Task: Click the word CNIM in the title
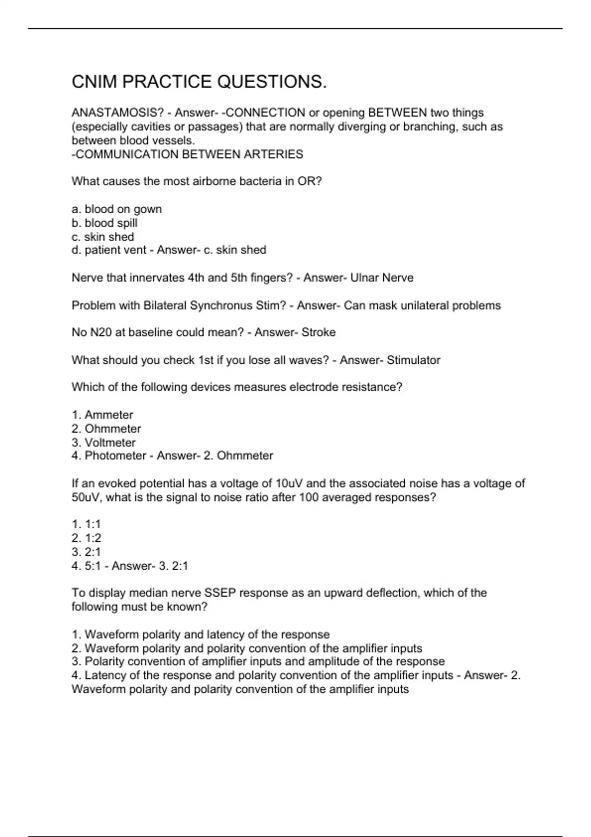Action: pos(94,82)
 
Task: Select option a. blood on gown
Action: pos(117,209)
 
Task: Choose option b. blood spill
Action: pos(104,223)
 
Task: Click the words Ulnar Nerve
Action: pos(382,278)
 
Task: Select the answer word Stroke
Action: pos(319,332)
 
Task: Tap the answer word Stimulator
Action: pos(413,360)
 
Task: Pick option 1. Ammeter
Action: pos(102,415)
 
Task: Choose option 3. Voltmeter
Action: pos(103,443)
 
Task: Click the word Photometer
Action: pos(115,456)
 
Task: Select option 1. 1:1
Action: pos(86,524)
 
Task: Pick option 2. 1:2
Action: pos(86,538)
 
